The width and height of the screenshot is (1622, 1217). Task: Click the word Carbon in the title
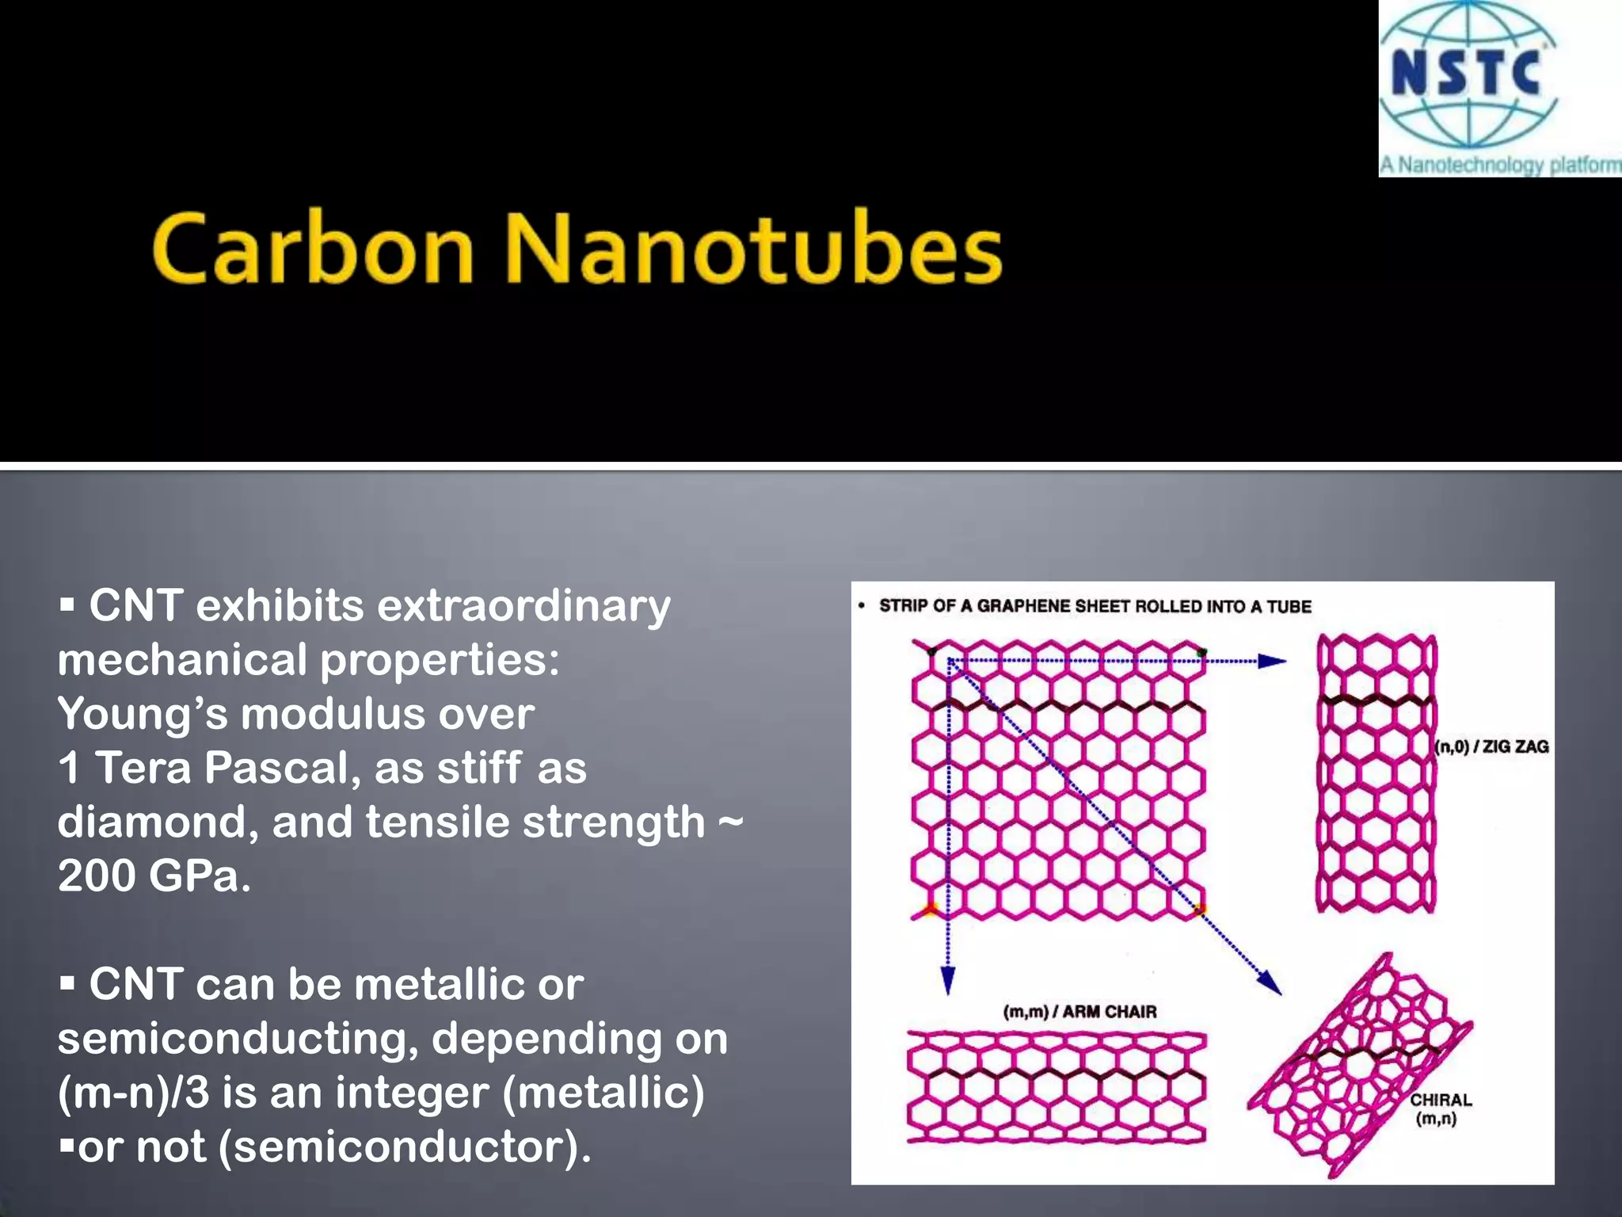[x=312, y=249]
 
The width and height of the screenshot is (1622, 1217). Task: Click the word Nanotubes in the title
[x=752, y=249]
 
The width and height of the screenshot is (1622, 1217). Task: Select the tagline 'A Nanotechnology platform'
[x=1500, y=165]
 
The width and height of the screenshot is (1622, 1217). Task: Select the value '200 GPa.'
[x=154, y=876]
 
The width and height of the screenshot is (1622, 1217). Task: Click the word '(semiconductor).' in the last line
[x=404, y=1146]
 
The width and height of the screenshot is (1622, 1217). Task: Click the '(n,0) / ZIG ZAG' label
[x=1492, y=746]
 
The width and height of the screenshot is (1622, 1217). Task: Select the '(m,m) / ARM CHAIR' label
[x=1079, y=1012]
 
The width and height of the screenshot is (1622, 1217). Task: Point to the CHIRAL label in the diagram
[x=1440, y=1100]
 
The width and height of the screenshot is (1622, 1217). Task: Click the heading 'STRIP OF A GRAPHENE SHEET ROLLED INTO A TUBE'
[x=1095, y=606]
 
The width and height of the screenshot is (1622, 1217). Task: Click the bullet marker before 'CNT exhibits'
[x=67, y=607]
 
